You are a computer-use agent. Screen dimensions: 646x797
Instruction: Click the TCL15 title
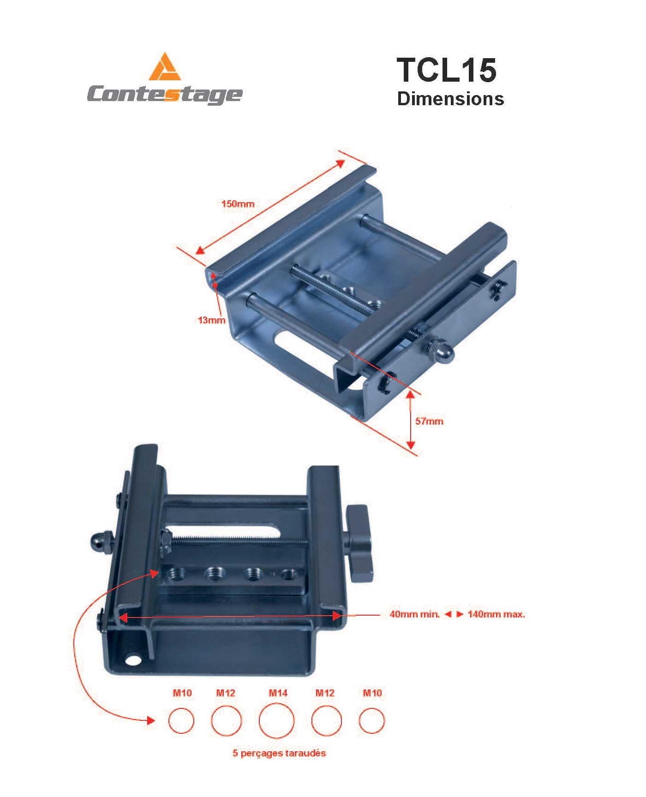click(x=446, y=70)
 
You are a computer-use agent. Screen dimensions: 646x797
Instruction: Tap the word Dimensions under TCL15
click(x=450, y=99)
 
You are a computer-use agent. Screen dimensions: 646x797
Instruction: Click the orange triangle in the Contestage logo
click(x=165, y=67)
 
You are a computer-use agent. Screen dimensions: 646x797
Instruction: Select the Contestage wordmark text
click(x=164, y=95)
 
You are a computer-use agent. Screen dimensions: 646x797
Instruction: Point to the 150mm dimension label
click(x=238, y=204)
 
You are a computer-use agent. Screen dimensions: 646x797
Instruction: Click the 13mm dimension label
click(x=212, y=320)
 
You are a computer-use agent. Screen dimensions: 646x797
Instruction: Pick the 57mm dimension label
click(x=429, y=421)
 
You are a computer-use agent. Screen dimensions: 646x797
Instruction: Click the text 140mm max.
click(x=496, y=615)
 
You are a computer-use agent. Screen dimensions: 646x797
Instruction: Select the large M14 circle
click(x=276, y=721)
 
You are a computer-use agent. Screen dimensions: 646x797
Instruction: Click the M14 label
click(x=278, y=693)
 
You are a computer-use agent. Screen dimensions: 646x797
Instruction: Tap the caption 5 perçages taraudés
click(x=279, y=753)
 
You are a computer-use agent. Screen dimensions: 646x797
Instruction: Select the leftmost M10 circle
click(x=181, y=721)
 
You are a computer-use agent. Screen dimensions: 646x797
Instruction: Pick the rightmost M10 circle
click(x=371, y=721)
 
